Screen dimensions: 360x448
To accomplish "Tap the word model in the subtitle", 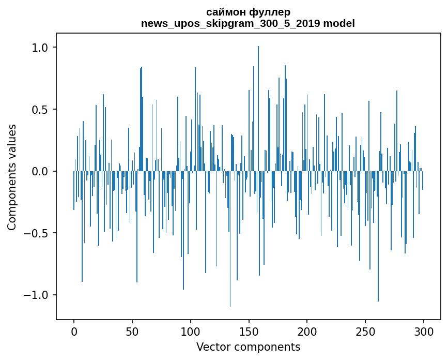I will [341, 23].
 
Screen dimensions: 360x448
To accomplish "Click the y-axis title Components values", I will [12, 177].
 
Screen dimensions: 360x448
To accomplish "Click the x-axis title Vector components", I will [248, 347].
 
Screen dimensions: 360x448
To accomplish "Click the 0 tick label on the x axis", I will [74, 331].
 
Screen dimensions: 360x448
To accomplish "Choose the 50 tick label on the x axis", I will [132, 331].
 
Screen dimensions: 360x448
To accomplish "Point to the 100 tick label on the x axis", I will [191, 331].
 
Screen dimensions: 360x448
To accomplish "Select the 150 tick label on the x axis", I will [249, 331].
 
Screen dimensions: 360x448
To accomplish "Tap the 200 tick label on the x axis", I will [307, 331].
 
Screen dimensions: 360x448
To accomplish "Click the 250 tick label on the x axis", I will [365, 331].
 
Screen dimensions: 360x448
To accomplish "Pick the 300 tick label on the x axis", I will [424, 331].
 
